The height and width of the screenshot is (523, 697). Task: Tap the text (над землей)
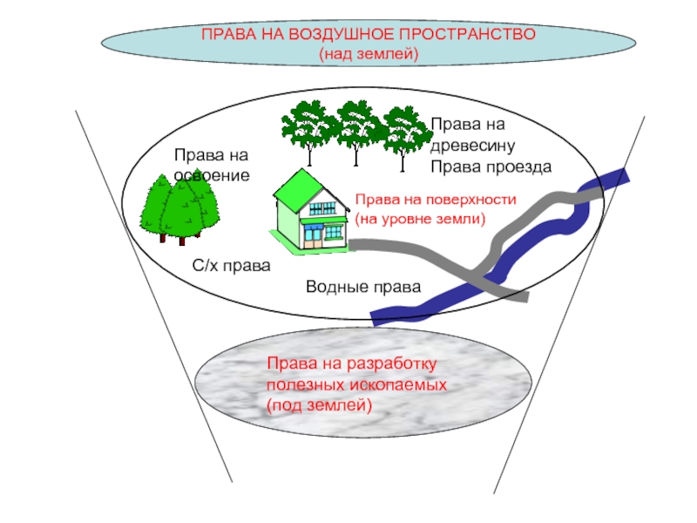click(x=369, y=54)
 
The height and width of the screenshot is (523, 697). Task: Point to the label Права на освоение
click(x=212, y=165)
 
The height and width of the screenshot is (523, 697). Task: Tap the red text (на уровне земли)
click(x=420, y=218)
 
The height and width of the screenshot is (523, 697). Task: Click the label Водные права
click(x=363, y=288)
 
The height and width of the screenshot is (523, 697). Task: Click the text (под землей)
click(x=319, y=404)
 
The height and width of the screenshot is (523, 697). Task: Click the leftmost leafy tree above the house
click(x=306, y=129)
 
